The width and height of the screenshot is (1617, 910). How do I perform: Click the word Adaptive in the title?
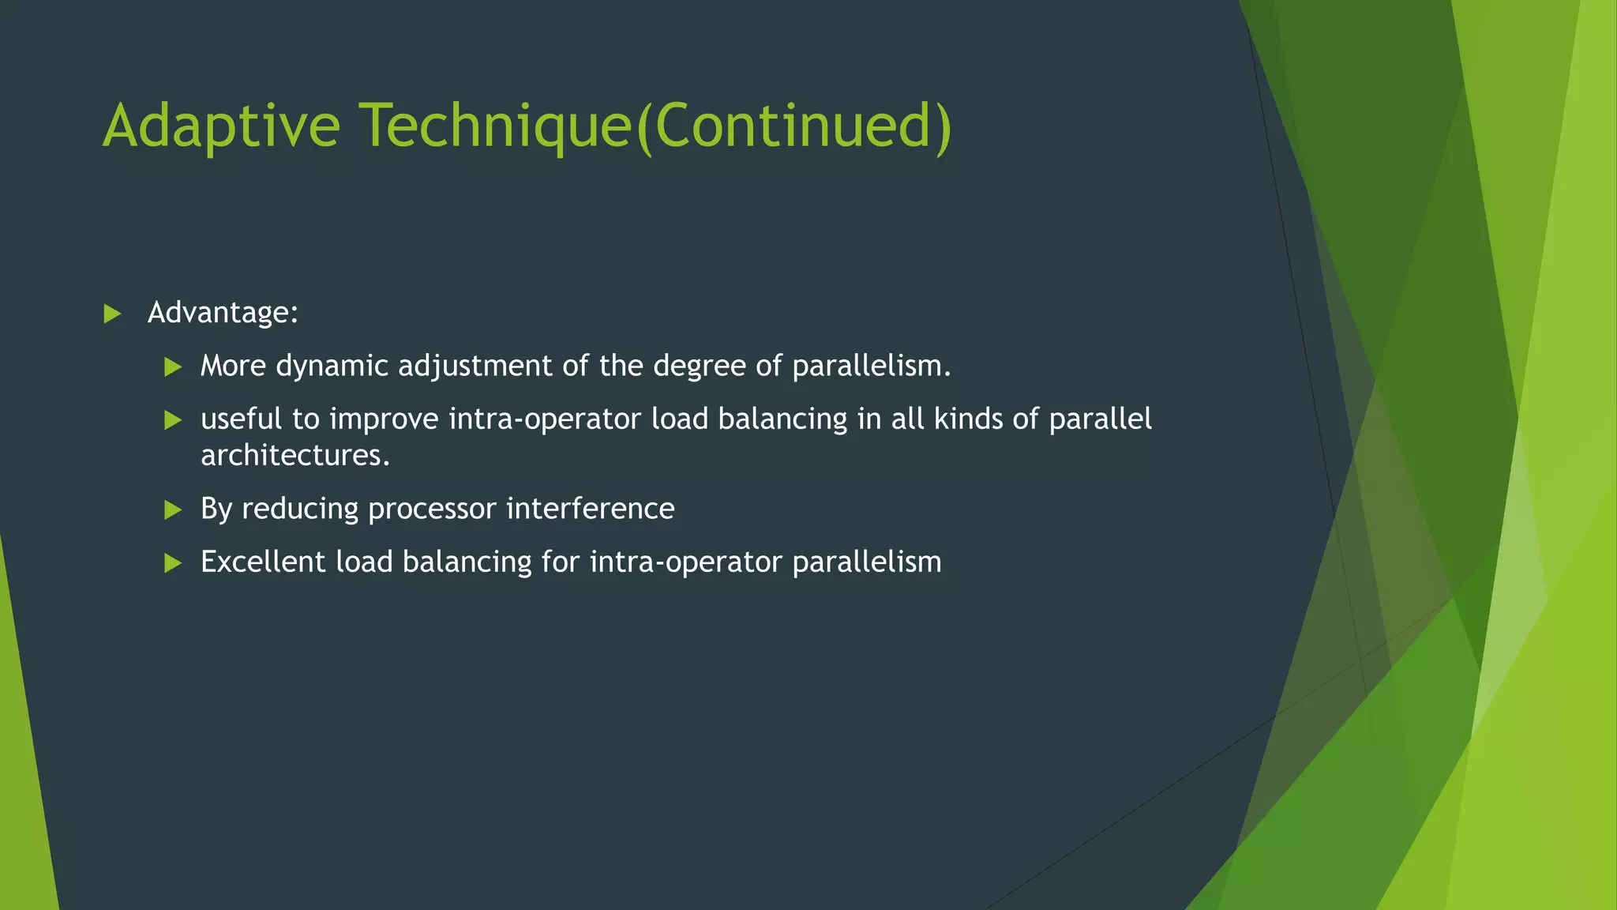221,126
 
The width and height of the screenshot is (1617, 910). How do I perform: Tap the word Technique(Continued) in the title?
656,126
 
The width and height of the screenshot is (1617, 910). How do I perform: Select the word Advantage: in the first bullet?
223,313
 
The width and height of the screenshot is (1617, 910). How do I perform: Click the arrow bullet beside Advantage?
112,314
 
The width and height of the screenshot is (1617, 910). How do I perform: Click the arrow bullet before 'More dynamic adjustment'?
173,367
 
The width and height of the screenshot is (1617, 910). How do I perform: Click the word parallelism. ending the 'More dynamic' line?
871,367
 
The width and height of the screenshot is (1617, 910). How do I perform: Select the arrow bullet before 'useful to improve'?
173,419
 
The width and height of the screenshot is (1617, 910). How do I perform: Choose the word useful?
241,419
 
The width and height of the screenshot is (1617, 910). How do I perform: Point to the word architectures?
295,456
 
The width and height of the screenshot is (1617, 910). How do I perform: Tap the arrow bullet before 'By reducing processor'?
173,510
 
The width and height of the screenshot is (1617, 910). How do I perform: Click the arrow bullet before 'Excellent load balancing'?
173,562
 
